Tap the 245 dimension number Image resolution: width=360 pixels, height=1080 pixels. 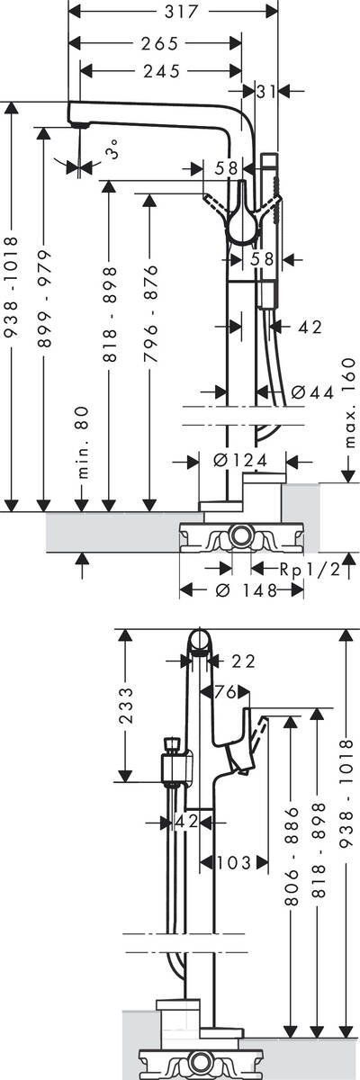tap(160, 70)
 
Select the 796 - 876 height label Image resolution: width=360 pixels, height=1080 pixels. tap(149, 313)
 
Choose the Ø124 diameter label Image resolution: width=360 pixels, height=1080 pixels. tap(239, 461)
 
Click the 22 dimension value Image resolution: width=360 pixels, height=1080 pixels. tap(242, 661)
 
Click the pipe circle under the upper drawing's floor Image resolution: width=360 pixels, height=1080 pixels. tap(240, 537)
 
